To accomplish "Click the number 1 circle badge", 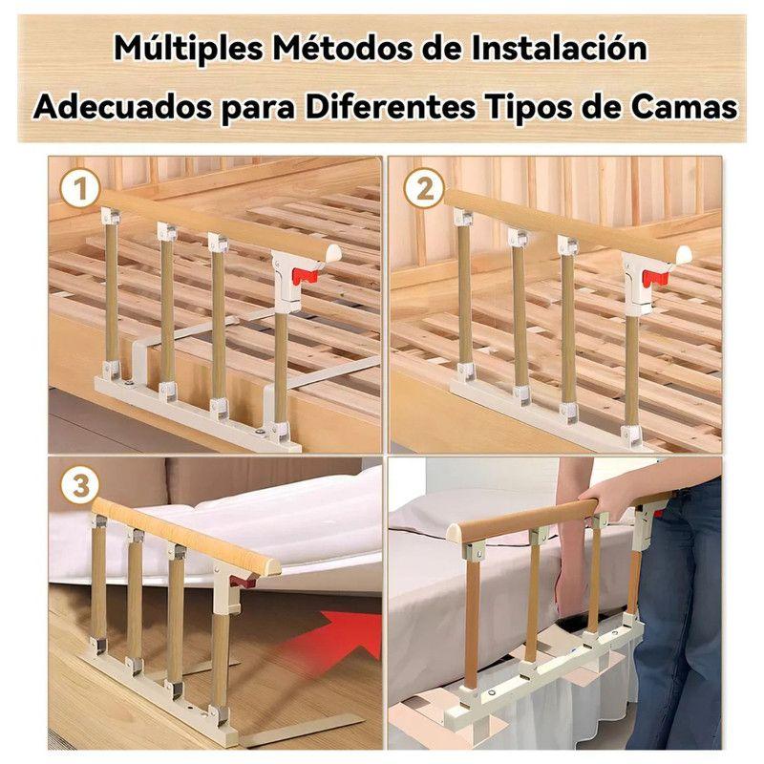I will point(81,190).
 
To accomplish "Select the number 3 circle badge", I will point(81,486).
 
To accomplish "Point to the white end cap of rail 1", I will point(332,253).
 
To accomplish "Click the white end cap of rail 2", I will point(684,255).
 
